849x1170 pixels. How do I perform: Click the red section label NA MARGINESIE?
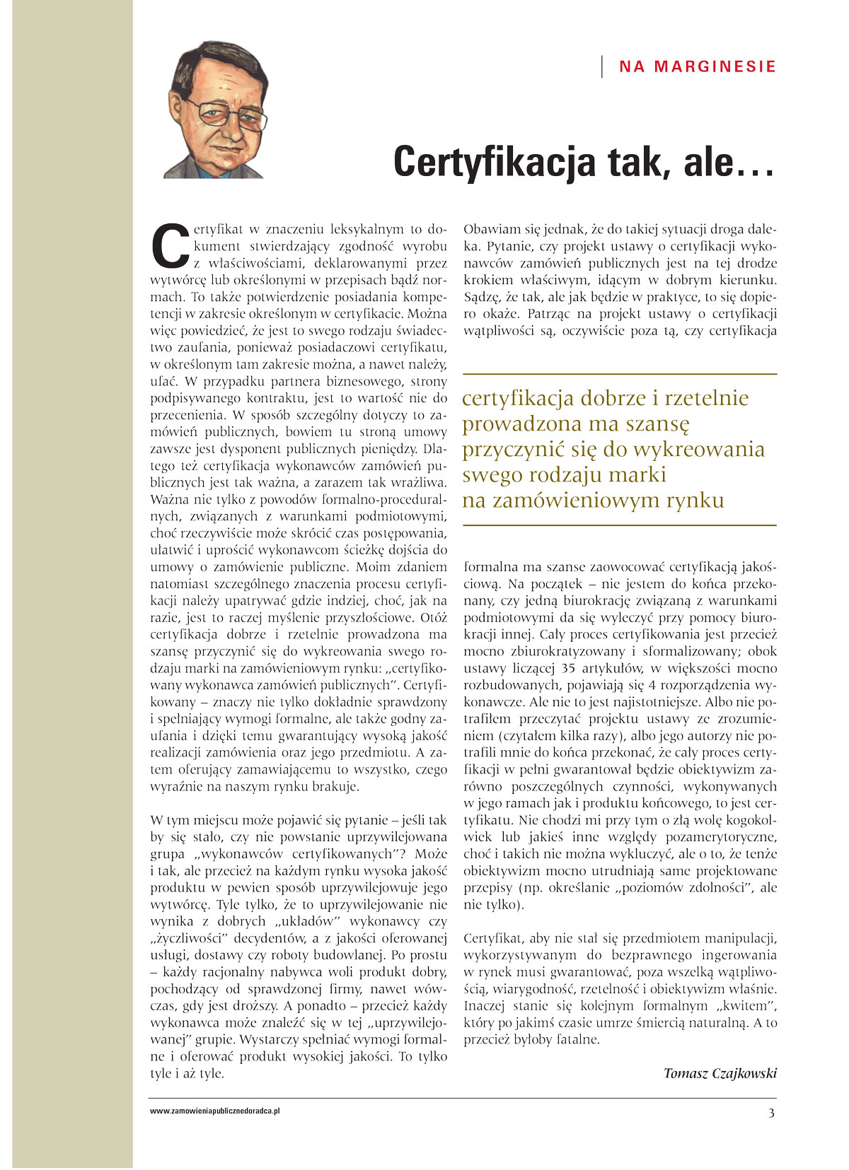(x=698, y=66)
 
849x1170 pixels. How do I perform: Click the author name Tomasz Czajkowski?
(x=720, y=1073)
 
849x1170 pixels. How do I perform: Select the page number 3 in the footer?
(x=771, y=1113)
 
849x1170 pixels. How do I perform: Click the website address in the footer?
(x=215, y=1111)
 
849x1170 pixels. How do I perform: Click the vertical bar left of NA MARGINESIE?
(x=602, y=66)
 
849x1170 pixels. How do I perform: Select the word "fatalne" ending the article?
(x=575, y=1040)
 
